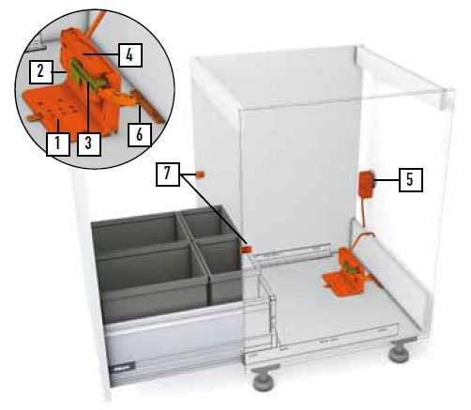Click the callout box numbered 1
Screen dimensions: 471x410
point(58,144)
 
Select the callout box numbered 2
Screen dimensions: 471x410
point(40,72)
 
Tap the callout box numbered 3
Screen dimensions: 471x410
point(89,144)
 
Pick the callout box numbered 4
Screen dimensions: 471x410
point(130,55)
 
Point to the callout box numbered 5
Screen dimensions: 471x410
point(411,180)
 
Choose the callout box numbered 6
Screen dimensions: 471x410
point(140,135)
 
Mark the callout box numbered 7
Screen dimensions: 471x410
point(168,175)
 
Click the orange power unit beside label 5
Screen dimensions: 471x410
point(366,184)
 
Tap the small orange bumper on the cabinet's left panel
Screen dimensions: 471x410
point(200,175)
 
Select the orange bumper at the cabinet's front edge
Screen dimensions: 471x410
point(247,250)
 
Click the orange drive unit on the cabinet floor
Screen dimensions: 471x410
point(348,272)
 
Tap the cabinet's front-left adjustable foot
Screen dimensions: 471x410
point(264,379)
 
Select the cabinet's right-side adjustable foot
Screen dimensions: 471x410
point(399,351)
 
